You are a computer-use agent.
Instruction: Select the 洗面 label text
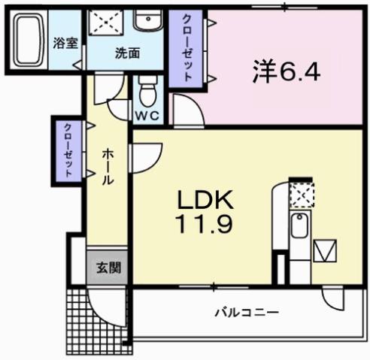[x=126, y=53]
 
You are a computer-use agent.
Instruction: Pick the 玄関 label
[x=107, y=267]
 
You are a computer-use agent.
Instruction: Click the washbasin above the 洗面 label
[x=145, y=20]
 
